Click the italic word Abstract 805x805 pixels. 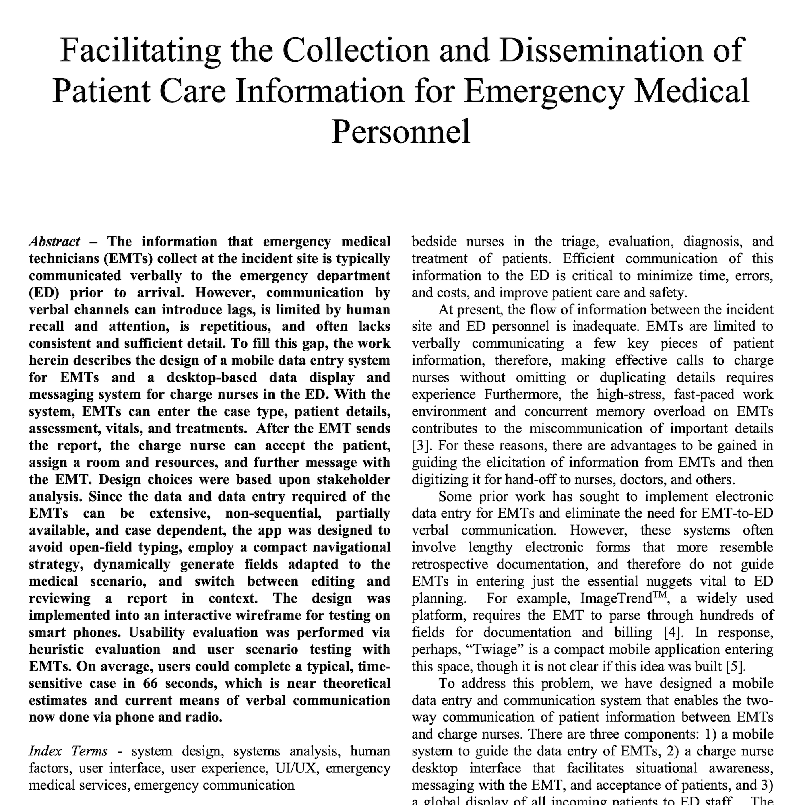pyautogui.click(x=54, y=242)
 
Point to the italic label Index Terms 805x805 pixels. pyautogui.click(x=68, y=751)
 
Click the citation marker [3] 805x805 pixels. pyautogui.click(x=421, y=446)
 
